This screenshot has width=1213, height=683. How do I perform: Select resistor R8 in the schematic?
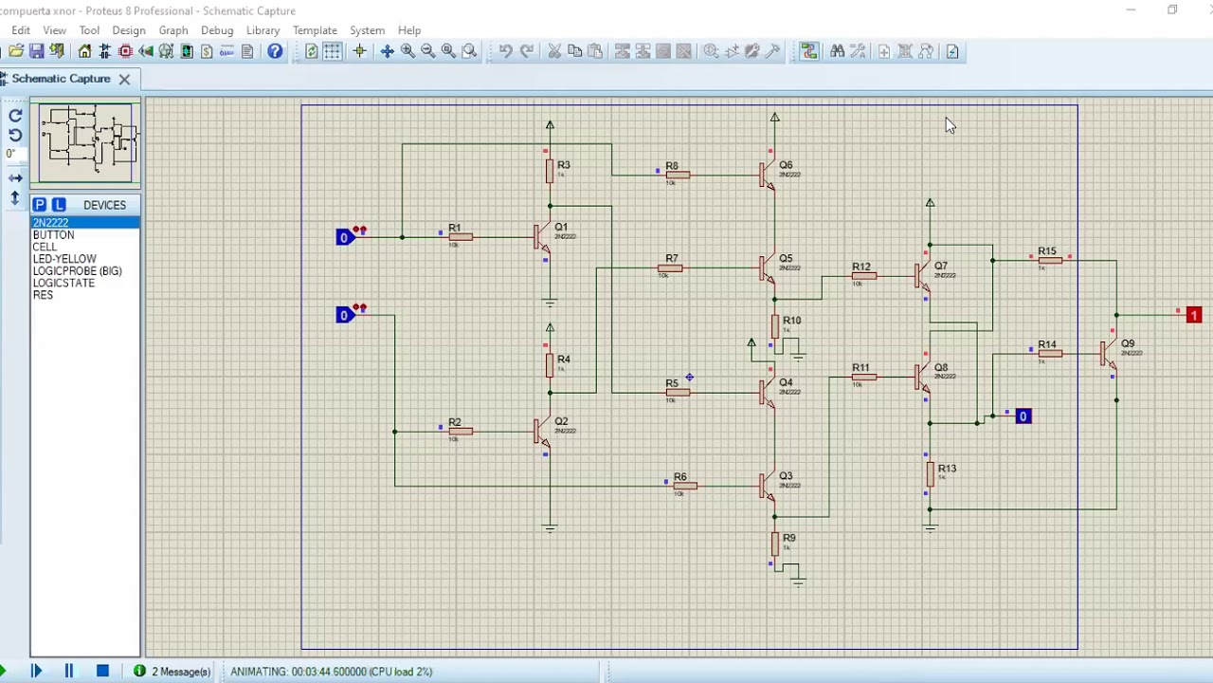click(677, 175)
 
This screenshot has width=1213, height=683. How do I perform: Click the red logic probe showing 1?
click(1193, 315)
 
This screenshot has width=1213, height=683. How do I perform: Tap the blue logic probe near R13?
click(1023, 416)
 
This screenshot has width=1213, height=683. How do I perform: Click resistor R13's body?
click(930, 475)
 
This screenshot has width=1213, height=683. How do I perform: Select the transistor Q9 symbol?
click(1108, 354)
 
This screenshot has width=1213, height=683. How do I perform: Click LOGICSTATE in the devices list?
click(63, 283)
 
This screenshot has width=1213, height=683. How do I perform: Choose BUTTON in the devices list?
click(53, 234)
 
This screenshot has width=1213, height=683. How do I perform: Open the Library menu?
click(263, 30)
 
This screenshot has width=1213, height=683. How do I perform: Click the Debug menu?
click(217, 30)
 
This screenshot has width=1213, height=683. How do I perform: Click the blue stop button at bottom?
click(102, 671)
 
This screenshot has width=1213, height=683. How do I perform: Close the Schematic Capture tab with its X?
click(124, 79)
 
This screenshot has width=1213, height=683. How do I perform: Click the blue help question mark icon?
click(275, 51)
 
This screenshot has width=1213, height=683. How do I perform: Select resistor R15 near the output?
click(1049, 260)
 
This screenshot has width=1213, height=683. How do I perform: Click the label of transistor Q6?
click(786, 165)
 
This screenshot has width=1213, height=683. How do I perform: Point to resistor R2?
click(461, 432)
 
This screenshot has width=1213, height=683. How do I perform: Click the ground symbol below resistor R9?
click(797, 578)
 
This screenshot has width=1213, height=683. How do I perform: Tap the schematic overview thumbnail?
click(85, 142)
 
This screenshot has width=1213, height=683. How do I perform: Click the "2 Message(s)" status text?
click(180, 672)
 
